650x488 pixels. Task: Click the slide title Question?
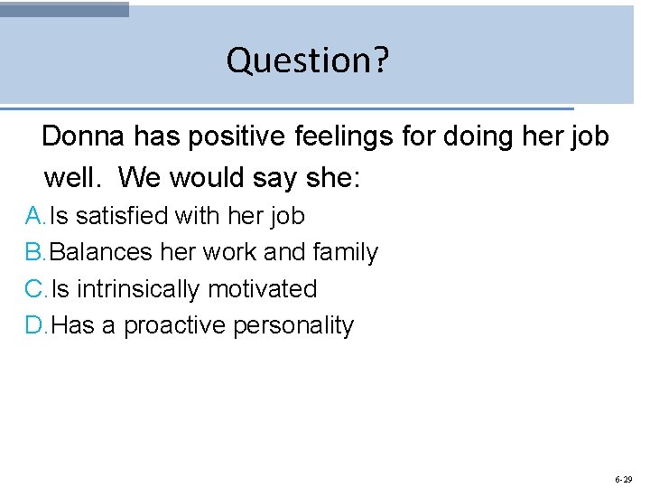(308, 60)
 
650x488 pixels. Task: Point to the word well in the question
(72, 177)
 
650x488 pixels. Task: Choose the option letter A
(34, 216)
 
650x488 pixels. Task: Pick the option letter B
(34, 252)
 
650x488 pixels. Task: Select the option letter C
(34, 289)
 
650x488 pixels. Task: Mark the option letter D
(34, 325)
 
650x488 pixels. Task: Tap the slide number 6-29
(623, 479)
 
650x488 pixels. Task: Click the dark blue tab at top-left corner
(64, 9)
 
